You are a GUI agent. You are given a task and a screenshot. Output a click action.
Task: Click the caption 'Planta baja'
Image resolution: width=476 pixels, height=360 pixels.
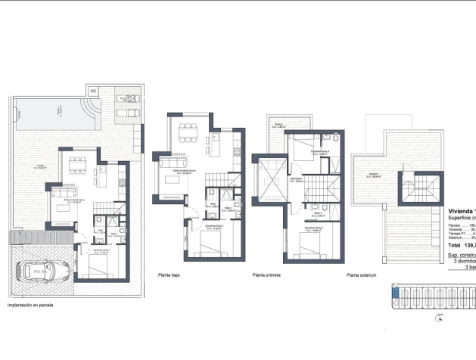[169, 276]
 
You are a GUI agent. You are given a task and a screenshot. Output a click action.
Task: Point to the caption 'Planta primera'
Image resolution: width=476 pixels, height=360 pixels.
[266, 276]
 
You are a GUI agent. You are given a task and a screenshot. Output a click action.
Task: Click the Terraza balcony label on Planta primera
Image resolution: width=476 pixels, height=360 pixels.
[278, 126]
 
